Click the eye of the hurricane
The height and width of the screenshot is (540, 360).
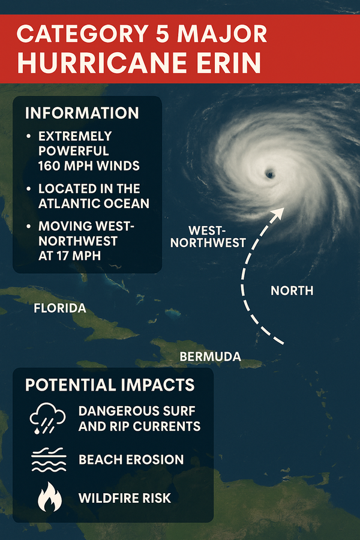pos(269,174)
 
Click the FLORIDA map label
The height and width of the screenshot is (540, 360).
pos(60,309)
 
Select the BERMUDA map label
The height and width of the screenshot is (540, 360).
pos(210,357)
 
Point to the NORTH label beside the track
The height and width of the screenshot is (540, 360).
pos(292,291)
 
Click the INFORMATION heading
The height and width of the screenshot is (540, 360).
pos(83,113)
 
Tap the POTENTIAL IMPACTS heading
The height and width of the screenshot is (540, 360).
pos(110,385)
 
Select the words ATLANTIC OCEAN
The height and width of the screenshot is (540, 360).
pos(94,203)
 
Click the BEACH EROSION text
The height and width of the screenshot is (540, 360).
pos(131,460)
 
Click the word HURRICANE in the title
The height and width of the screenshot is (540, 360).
pos(104,62)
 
